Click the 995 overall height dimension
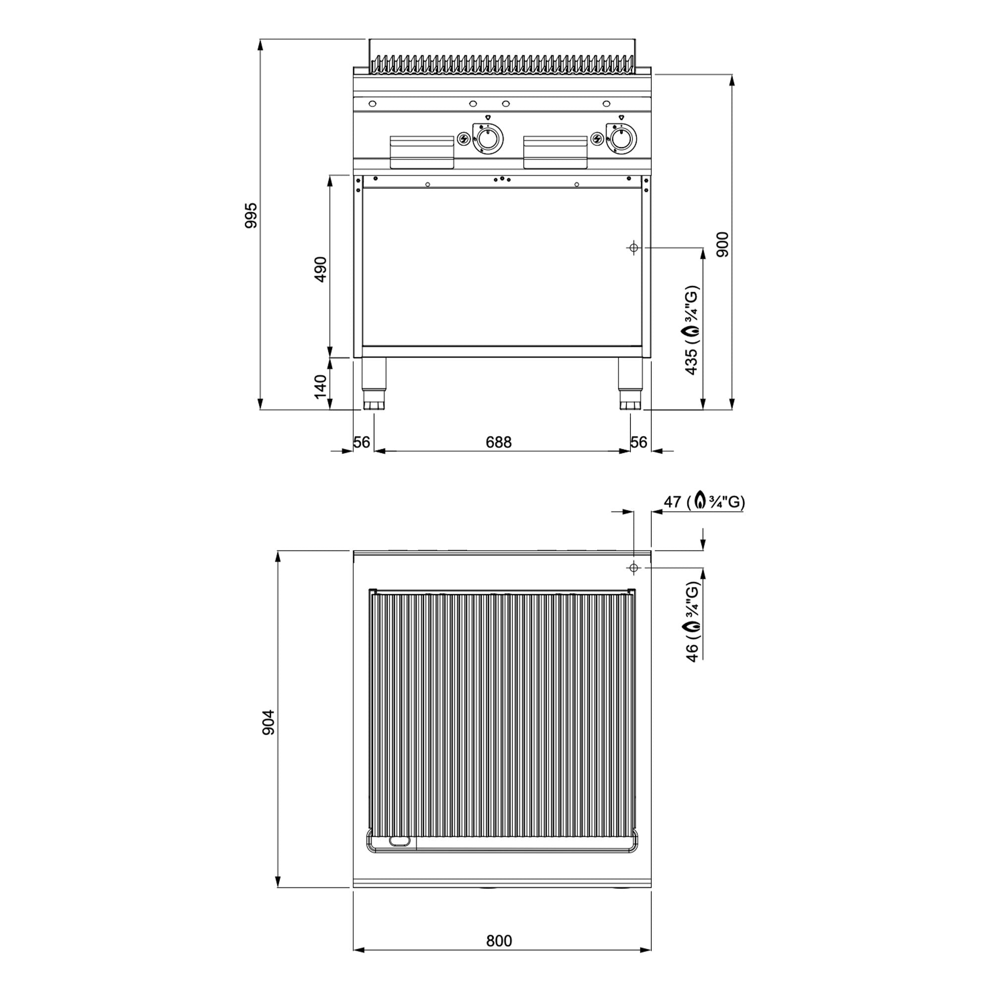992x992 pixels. click(251, 216)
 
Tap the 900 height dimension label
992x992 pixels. click(723, 245)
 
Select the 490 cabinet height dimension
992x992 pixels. click(320, 269)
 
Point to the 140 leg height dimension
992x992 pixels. click(320, 387)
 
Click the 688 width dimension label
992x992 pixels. click(498, 442)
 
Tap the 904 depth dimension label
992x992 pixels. click(268, 723)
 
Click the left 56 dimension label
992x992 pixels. click(362, 442)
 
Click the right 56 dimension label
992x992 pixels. click(639, 442)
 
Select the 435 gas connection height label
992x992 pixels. click(691, 330)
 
